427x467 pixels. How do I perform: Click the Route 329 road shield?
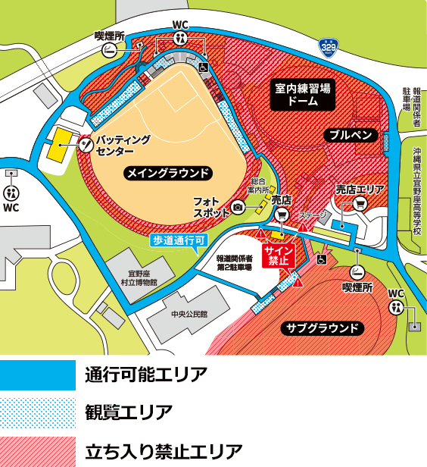327,47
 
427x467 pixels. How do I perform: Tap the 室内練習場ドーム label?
303,94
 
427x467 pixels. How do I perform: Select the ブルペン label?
349,134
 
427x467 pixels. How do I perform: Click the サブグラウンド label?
323,328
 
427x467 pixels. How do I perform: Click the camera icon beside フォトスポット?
238,207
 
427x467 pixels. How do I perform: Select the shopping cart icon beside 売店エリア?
360,203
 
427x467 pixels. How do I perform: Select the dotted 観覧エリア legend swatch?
38,412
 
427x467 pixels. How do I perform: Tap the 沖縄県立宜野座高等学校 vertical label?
416,190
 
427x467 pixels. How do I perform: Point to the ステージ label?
311,215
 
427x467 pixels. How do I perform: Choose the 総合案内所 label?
260,186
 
